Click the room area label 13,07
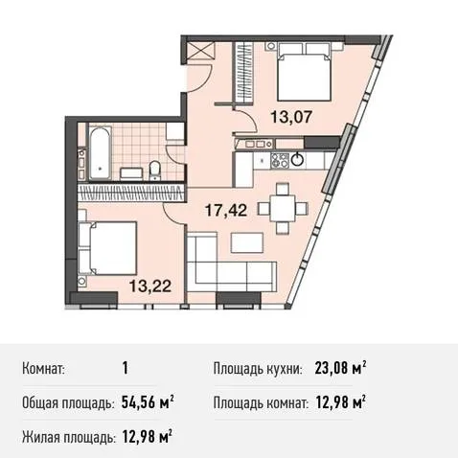[291, 117]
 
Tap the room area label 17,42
[226, 211]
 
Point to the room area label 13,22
[150, 286]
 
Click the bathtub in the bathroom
[100, 152]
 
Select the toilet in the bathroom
[155, 170]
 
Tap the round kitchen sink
[298, 158]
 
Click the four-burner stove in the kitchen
[280, 160]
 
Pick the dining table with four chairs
[283, 208]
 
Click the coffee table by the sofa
[247, 242]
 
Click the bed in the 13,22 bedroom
[107, 248]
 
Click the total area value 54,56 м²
[148, 402]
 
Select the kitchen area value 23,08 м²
[340, 368]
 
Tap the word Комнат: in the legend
[44, 369]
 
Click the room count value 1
[126, 368]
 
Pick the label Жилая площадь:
[68, 437]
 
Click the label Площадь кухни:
[258, 369]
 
